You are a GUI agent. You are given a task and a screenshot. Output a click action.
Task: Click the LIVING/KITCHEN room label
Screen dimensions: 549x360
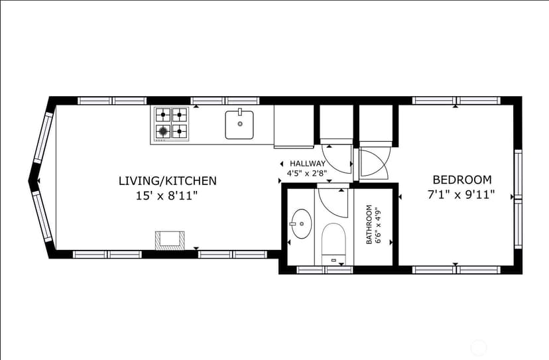(168, 181)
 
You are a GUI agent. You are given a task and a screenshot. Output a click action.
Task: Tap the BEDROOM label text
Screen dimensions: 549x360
(462, 180)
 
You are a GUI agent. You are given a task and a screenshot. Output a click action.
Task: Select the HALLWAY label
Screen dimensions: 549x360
(308, 164)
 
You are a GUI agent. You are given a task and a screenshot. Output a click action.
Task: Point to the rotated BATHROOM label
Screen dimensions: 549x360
(369, 225)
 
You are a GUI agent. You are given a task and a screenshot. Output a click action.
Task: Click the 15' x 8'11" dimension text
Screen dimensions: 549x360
(167, 196)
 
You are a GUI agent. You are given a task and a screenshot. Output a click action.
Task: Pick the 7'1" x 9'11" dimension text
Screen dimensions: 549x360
(461, 194)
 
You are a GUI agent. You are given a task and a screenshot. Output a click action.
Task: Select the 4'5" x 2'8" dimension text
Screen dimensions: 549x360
(307, 173)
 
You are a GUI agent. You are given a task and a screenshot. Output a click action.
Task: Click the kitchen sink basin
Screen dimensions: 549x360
(239, 125)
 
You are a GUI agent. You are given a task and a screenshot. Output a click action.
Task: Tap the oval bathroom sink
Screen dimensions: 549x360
(302, 224)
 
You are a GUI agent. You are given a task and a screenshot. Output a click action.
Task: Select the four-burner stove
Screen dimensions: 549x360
(171, 123)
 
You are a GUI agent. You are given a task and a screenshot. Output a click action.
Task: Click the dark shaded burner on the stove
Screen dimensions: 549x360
(163, 132)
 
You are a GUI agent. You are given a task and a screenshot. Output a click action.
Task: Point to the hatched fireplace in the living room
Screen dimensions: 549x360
(170, 241)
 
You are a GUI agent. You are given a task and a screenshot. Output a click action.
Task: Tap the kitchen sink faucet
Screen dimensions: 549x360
(240, 111)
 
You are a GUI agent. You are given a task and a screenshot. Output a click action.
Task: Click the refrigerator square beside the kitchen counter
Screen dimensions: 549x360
(294, 126)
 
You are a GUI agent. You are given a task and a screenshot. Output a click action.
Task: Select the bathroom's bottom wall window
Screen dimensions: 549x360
(324, 270)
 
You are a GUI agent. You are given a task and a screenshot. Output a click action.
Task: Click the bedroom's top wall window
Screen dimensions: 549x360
(456, 101)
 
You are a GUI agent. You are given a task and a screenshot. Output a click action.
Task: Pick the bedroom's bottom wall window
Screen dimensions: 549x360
(456, 270)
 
